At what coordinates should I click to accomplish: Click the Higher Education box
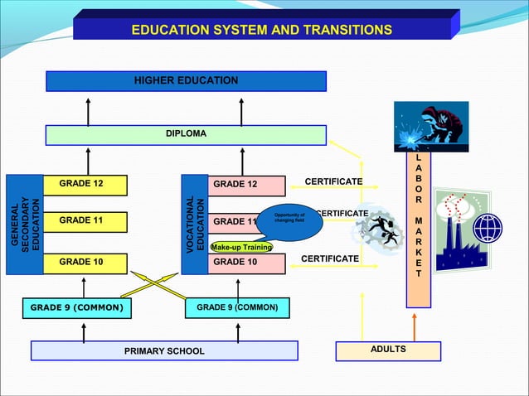tap(186, 81)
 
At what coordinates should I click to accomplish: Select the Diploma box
tap(186, 134)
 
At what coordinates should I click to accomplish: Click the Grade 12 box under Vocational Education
tap(235, 184)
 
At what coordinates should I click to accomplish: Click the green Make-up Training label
tap(241, 247)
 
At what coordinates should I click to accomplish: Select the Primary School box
tap(164, 351)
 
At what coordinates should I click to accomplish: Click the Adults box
tap(388, 350)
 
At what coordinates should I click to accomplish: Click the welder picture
tap(430, 126)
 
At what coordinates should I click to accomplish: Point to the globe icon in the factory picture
tap(488, 225)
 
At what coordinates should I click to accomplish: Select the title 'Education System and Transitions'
tap(262, 30)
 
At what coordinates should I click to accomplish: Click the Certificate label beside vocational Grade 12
tap(333, 182)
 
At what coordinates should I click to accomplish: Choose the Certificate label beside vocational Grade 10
tap(329, 259)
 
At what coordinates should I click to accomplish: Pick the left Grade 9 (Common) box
tap(76, 308)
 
